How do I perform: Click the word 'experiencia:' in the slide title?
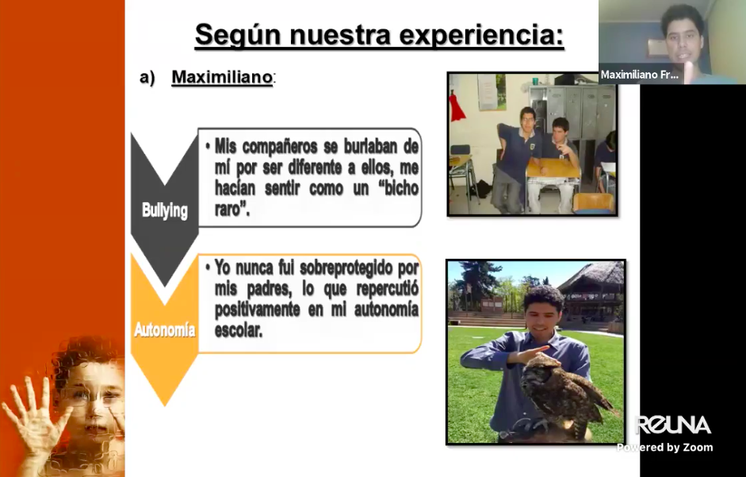[x=481, y=35]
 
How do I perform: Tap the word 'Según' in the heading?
[x=238, y=35]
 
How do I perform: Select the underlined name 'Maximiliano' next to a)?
[x=222, y=77]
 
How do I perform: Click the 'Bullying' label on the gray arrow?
[x=165, y=210]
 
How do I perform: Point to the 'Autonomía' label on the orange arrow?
[x=165, y=329]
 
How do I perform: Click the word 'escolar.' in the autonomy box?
[x=239, y=330]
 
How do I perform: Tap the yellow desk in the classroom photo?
[x=553, y=167]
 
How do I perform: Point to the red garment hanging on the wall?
[x=457, y=107]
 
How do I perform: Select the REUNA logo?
[x=673, y=425]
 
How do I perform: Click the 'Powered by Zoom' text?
[x=664, y=448]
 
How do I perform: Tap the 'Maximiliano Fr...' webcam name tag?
[x=640, y=75]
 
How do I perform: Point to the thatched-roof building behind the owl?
[x=592, y=290]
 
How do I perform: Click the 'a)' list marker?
[x=147, y=77]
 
